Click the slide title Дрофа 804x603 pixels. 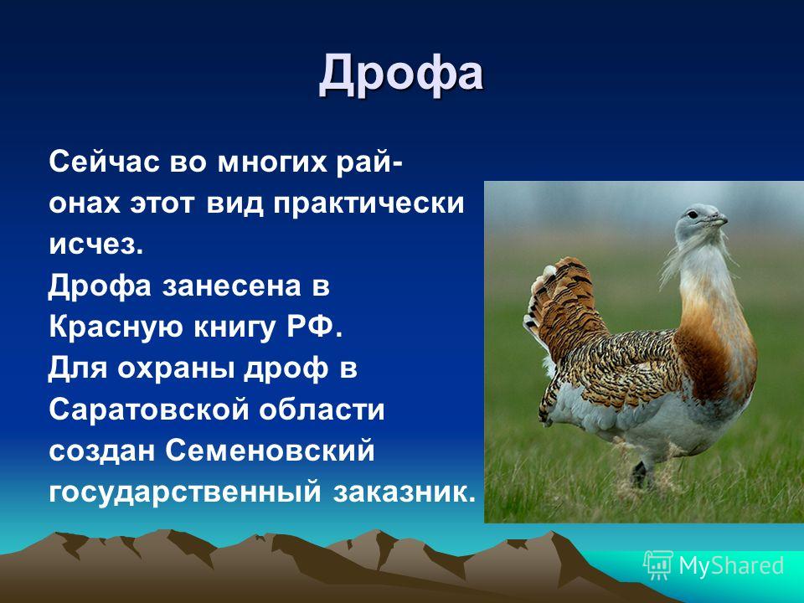point(401,75)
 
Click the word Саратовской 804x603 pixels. point(148,410)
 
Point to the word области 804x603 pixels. point(322,410)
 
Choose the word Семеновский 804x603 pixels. point(270,451)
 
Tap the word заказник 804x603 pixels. point(405,492)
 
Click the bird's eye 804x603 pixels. point(693,214)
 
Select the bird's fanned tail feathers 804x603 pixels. point(561,307)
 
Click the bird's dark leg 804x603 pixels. point(639,474)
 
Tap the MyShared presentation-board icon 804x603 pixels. point(658,565)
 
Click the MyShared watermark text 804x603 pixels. point(731,565)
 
